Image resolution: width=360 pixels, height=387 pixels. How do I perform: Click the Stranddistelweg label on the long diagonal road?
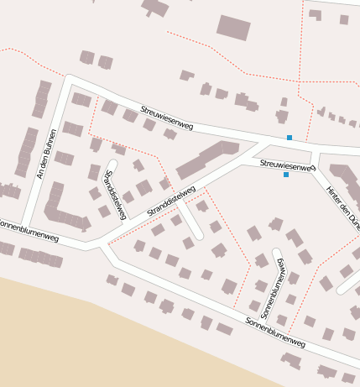click(x=171, y=201)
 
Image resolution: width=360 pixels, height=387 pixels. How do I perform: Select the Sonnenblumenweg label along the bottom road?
click(x=275, y=333)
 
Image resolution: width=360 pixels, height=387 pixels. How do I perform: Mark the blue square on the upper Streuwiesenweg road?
click(x=290, y=137)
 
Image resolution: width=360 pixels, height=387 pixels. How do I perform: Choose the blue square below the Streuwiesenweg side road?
click(x=286, y=175)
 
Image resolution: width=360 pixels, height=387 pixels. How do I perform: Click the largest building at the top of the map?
click(x=233, y=27)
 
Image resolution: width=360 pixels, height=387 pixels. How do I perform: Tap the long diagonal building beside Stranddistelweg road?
click(x=206, y=160)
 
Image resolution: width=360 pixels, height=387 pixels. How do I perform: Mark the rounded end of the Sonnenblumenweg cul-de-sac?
click(x=276, y=253)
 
